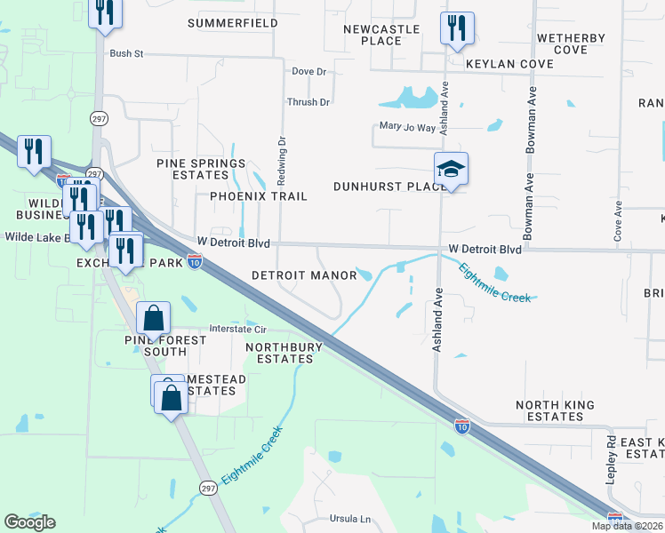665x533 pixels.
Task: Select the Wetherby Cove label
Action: [571, 44]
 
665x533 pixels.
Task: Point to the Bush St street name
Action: [126, 53]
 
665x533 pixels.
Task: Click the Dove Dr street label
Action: [309, 71]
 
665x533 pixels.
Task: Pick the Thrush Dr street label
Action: [308, 102]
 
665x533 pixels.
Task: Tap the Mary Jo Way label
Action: [407, 127]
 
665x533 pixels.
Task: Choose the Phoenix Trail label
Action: [259, 195]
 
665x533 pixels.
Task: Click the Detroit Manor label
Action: [304, 275]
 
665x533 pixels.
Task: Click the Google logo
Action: [29, 522]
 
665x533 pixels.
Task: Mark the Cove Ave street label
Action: [618, 221]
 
